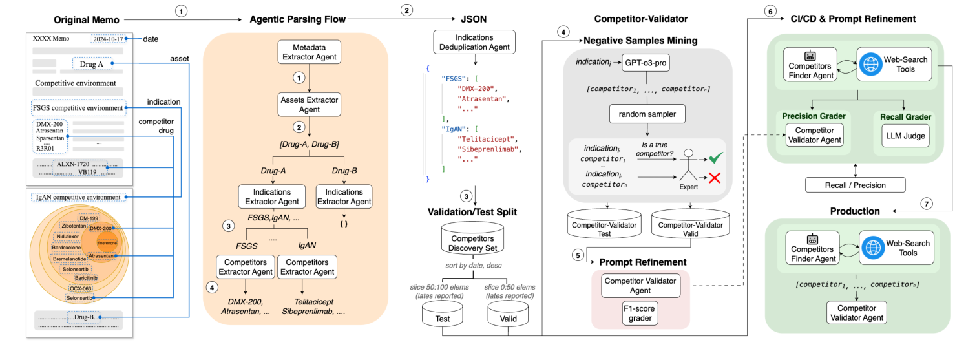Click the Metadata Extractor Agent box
pyautogui.click(x=309, y=52)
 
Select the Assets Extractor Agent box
pyautogui.click(x=309, y=105)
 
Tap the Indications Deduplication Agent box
pyautogui.click(x=474, y=41)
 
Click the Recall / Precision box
pyautogui.click(x=855, y=185)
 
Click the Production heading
pyautogui.click(x=855, y=211)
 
